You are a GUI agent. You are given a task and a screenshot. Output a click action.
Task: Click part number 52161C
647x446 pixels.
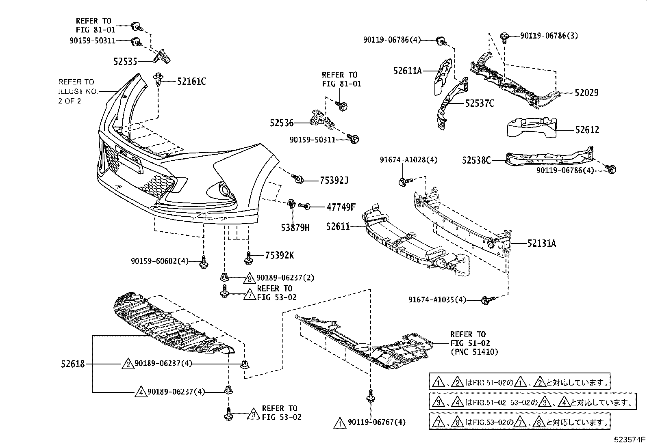click(x=191, y=82)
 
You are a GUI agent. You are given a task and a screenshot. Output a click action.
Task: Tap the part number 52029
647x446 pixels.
click(x=586, y=93)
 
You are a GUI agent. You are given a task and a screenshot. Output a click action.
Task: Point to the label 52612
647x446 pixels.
click(x=587, y=130)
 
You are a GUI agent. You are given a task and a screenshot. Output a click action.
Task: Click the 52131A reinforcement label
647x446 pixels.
click(x=542, y=243)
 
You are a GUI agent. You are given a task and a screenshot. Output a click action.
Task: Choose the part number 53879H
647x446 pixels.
click(x=295, y=228)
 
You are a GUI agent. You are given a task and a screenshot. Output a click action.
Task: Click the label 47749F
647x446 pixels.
click(x=341, y=207)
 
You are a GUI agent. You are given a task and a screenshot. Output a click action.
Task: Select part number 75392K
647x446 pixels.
click(x=279, y=255)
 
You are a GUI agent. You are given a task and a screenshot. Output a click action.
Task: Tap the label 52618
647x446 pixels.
click(x=73, y=364)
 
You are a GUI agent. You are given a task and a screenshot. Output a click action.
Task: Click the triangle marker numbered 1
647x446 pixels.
click(x=339, y=423)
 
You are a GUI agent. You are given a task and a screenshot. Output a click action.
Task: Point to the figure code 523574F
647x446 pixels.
click(x=630, y=440)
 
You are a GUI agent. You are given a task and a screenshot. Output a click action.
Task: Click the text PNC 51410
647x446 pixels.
click(x=474, y=352)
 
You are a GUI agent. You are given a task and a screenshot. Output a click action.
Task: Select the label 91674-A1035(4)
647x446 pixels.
click(x=437, y=300)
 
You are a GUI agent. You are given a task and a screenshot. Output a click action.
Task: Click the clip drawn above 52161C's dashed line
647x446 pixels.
click(x=158, y=79)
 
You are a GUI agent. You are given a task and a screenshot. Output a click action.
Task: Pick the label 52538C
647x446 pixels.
click(x=476, y=161)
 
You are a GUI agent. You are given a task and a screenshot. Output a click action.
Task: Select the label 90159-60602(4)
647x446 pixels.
click(x=160, y=261)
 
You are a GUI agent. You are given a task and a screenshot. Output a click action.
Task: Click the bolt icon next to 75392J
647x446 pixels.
click(x=297, y=178)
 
